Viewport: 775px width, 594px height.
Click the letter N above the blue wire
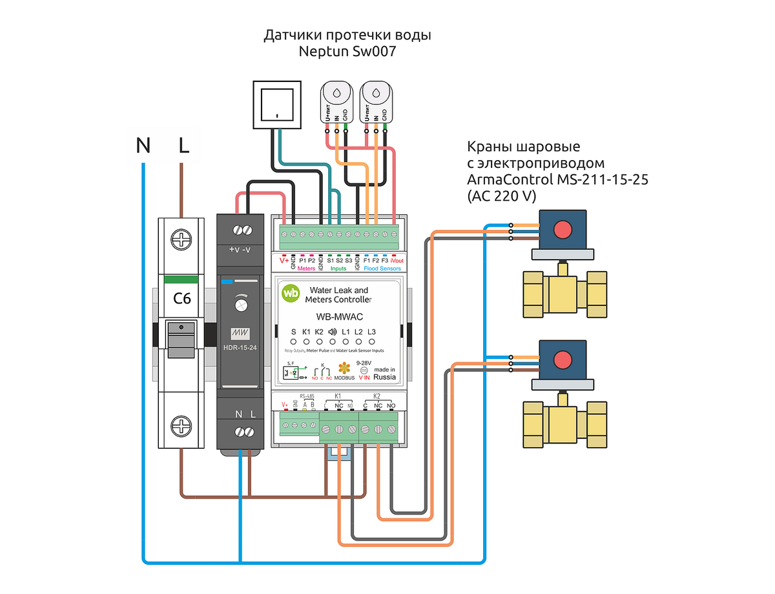click(143, 147)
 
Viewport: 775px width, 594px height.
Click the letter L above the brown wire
click(184, 147)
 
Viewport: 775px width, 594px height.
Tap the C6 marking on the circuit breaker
click(182, 299)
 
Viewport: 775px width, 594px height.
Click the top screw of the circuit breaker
click(182, 240)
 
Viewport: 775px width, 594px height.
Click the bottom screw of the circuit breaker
click(182, 425)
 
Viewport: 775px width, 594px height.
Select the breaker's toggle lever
click(181, 338)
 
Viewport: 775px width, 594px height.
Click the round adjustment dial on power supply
click(240, 302)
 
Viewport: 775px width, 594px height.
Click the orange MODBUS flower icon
click(345, 369)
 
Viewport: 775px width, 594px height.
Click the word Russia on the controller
click(385, 377)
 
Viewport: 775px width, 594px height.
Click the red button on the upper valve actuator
click(564, 229)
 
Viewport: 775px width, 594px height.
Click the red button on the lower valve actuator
click(564, 360)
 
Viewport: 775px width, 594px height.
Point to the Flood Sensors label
click(382, 269)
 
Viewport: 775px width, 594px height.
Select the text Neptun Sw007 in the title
click(347, 53)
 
